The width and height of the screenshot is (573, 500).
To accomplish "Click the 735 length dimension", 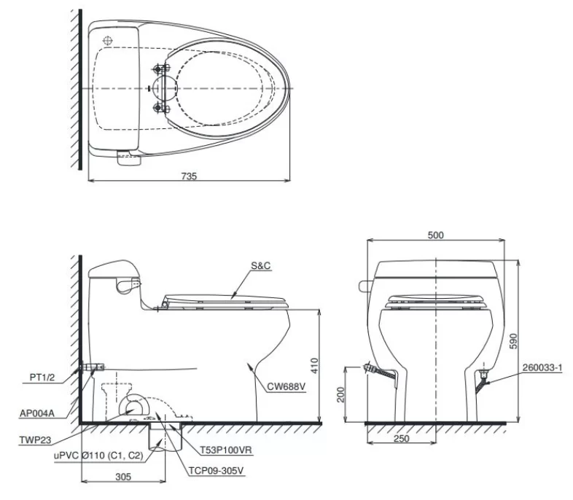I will point(188,176).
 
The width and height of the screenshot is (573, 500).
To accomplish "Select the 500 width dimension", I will point(436,235).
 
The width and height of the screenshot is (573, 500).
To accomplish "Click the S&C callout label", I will point(262,267).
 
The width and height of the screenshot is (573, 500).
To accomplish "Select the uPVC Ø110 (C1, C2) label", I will point(85,456).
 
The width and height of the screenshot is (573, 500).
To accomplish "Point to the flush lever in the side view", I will point(130,281).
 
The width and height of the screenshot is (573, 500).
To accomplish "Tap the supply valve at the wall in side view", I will point(93,367).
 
